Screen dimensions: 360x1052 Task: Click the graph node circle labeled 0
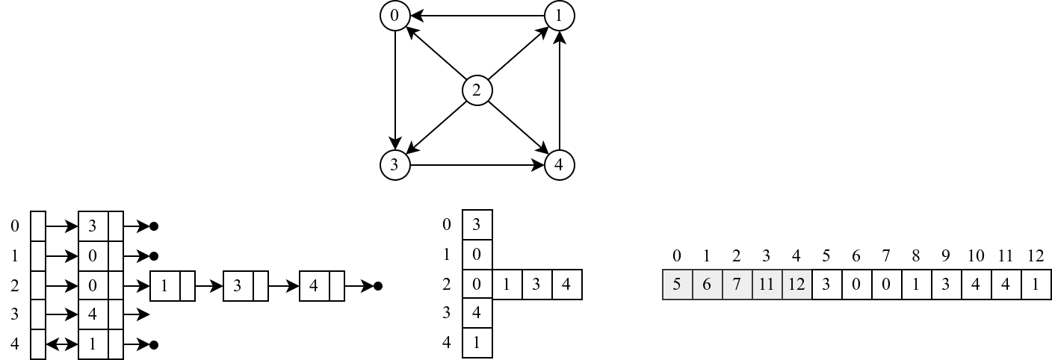click(394, 16)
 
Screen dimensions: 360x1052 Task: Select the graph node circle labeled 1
click(559, 16)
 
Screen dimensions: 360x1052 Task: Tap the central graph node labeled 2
click(477, 91)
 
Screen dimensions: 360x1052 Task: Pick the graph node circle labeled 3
click(394, 165)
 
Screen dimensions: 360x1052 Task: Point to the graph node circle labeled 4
click(559, 165)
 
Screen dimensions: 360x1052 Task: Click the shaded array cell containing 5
click(677, 285)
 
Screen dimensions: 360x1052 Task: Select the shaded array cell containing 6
click(707, 285)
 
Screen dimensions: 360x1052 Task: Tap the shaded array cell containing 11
click(767, 285)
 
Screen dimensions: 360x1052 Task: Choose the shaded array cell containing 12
click(796, 285)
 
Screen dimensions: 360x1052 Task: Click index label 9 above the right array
click(946, 256)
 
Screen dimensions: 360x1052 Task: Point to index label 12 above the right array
click(1036, 256)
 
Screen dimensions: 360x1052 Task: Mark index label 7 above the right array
click(886, 256)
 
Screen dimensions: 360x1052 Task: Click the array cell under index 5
click(826, 285)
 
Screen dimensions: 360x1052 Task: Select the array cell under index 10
click(976, 285)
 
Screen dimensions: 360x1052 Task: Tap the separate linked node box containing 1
click(165, 286)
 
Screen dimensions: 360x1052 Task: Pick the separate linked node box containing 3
click(238, 286)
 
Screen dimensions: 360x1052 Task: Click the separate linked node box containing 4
click(315, 286)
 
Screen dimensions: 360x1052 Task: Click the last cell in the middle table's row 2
click(566, 285)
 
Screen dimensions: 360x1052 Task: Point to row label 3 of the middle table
click(447, 314)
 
